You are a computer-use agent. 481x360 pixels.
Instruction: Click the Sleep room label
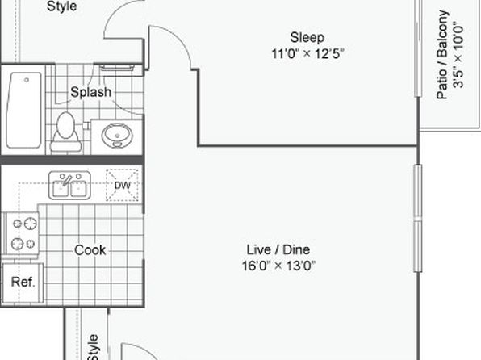tap(307, 37)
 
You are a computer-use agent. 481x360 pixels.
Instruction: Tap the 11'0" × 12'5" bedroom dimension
tap(307, 54)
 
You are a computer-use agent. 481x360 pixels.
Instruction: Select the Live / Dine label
tap(278, 249)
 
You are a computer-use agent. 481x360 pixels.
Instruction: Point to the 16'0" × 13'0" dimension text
tap(278, 266)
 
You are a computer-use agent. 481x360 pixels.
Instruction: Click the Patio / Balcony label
tap(442, 55)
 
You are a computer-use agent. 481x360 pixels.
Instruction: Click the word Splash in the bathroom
tap(91, 92)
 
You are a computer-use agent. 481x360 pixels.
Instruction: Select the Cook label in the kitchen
tap(90, 250)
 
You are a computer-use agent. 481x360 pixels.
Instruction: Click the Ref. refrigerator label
tap(23, 282)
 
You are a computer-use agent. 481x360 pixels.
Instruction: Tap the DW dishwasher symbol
tap(122, 186)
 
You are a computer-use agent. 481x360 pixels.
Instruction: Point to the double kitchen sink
tap(69, 186)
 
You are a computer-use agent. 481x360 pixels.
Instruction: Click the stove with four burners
tap(22, 233)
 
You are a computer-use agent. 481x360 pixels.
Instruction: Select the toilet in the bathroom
tap(65, 132)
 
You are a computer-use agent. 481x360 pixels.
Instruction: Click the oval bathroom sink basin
tap(117, 136)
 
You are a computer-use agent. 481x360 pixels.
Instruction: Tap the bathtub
tap(23, 110)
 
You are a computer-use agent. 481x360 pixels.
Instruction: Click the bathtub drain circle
tap(27, 80)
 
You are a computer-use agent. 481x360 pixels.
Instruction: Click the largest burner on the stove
tap(31, 224)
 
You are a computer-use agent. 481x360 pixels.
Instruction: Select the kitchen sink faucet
tap(67, 180)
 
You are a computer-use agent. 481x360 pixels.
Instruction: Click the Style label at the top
tap(61, 6)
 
